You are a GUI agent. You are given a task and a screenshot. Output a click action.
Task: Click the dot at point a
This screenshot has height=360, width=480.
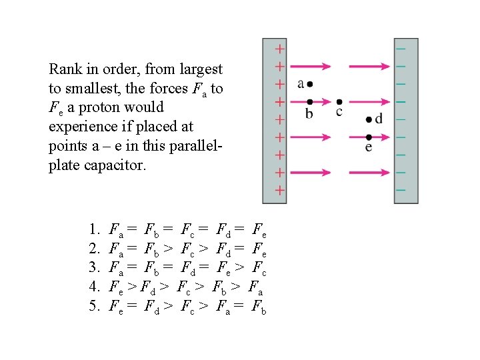tap(310, 84)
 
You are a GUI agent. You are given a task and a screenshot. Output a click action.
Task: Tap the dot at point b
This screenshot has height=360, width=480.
tap(309, 101)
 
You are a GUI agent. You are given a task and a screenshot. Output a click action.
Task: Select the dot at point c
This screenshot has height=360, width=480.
tap(339, 101)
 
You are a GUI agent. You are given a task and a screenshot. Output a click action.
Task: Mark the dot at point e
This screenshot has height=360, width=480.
tap(369, 137)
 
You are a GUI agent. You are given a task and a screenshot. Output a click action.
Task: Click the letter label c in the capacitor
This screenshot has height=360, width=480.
tap(339, 112)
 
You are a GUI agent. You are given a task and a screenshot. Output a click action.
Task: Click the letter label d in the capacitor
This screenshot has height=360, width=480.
tap(379, 119)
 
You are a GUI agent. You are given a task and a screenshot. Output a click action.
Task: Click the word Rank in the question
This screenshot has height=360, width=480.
tap(65, 69)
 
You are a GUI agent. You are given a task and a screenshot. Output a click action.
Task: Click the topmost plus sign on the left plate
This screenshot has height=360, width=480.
tap(280, 49)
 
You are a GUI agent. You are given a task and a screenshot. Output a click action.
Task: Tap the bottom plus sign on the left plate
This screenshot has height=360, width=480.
tap(280, 190)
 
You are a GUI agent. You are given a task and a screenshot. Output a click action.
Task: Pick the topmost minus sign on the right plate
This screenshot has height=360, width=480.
tap(401, 49)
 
